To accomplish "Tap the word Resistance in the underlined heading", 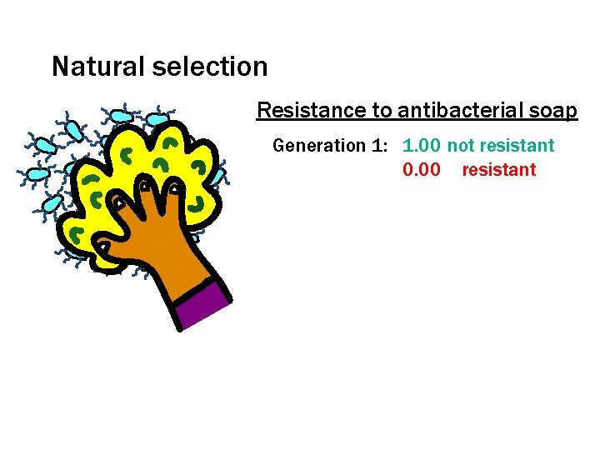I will point(311,110).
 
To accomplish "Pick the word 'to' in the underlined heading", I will point(382,110).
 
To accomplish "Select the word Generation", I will point(318,146).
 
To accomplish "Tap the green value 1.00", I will point(422,146).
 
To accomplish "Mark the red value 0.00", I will point(422,170).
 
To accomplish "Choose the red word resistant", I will point(499,170).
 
